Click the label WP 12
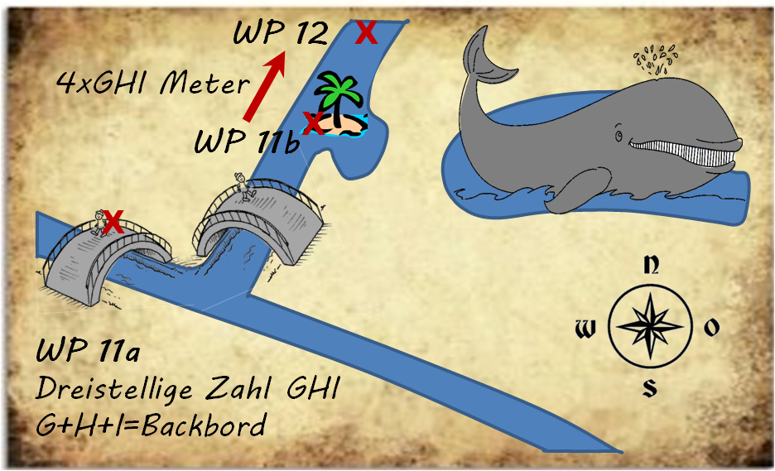click(280, 34)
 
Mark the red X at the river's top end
click(365, 33)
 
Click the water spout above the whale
click(655, 60)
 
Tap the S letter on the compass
click(651, 387)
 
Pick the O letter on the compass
click(711, 329)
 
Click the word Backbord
click(211, 425)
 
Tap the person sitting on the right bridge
click(243, 186)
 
